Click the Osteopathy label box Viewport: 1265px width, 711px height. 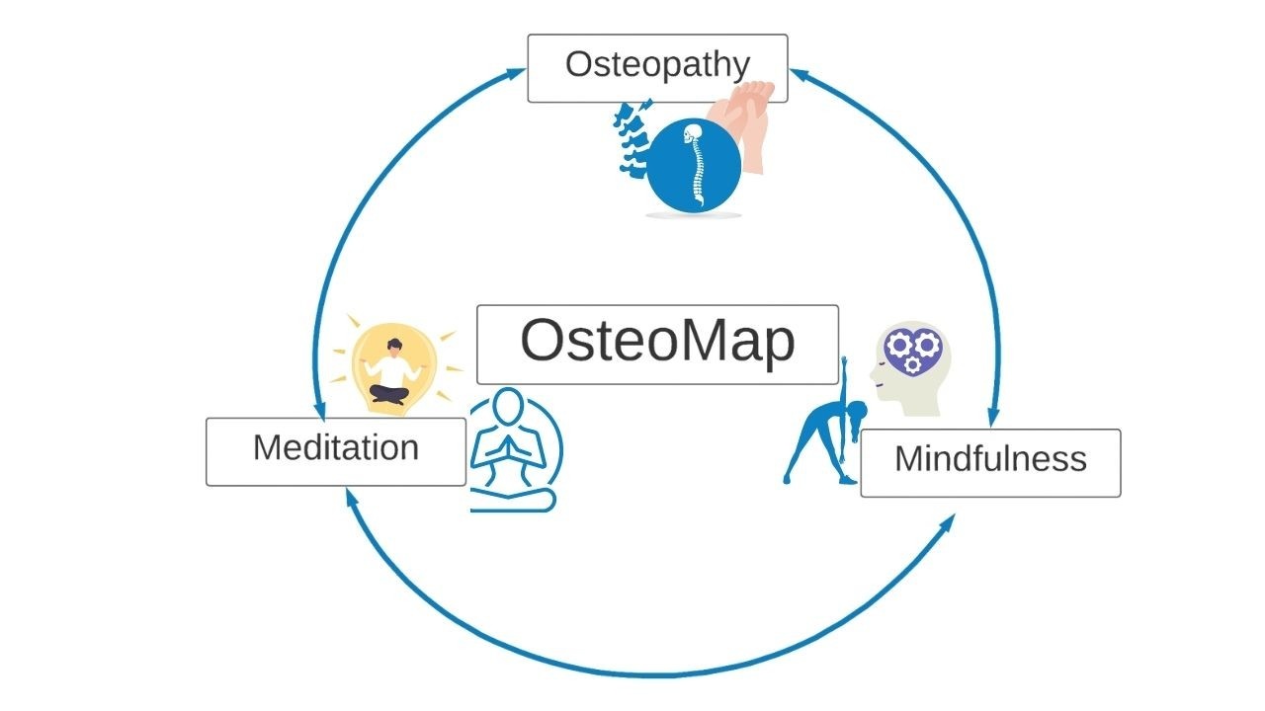[657, 68]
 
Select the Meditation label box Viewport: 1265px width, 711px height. [336, 451]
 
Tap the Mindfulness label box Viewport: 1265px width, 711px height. [990, 462]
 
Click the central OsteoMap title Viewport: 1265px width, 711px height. [657, 344]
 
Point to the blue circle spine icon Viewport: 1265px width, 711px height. [693, 167]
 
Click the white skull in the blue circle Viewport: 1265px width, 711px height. [693, 132]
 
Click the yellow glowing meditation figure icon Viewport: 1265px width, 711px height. [394, 367]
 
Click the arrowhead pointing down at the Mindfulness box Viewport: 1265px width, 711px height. [992, 419]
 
